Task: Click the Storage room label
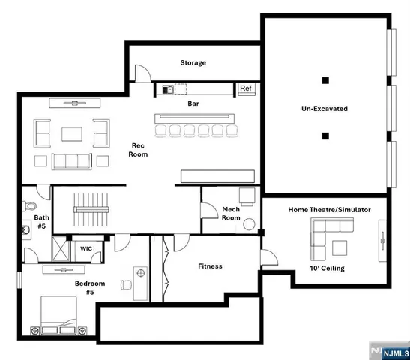[x=193, y=63]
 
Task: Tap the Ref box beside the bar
[x=245, y=88]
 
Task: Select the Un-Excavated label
[x=325, y=109]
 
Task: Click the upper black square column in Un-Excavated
[x=325, y=80]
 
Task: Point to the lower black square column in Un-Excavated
[x=325, y=136]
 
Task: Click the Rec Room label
[x=138, y=150]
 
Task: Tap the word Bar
[x=193, y=103]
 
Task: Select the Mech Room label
[x=231, y=214]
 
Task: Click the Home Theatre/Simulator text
[x=329, y=210]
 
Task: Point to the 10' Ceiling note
[x=328, y=268]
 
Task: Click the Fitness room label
[x=210, y=266]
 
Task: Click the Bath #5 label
[x=40, y=222]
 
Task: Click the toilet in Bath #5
[x=30, y=205]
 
